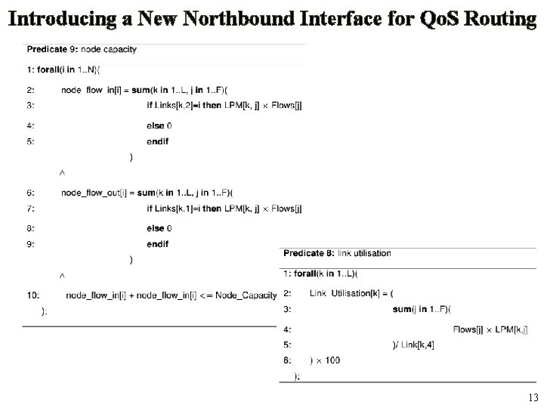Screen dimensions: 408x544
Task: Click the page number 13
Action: click(x=533, y=397)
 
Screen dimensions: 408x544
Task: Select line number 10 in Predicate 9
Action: click(x=33, y=295)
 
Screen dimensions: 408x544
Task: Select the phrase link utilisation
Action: click(x=364, y=253)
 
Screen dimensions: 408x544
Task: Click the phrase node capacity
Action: click(x=110, y=50)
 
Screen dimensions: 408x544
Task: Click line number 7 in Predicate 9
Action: click(x=30, y=209)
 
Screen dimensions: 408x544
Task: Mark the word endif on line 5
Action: click(x=157, y=141)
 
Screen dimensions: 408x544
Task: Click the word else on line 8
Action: click(x=155, y=227)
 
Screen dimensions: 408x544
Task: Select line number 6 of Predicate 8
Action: click(x=287, y=360)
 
